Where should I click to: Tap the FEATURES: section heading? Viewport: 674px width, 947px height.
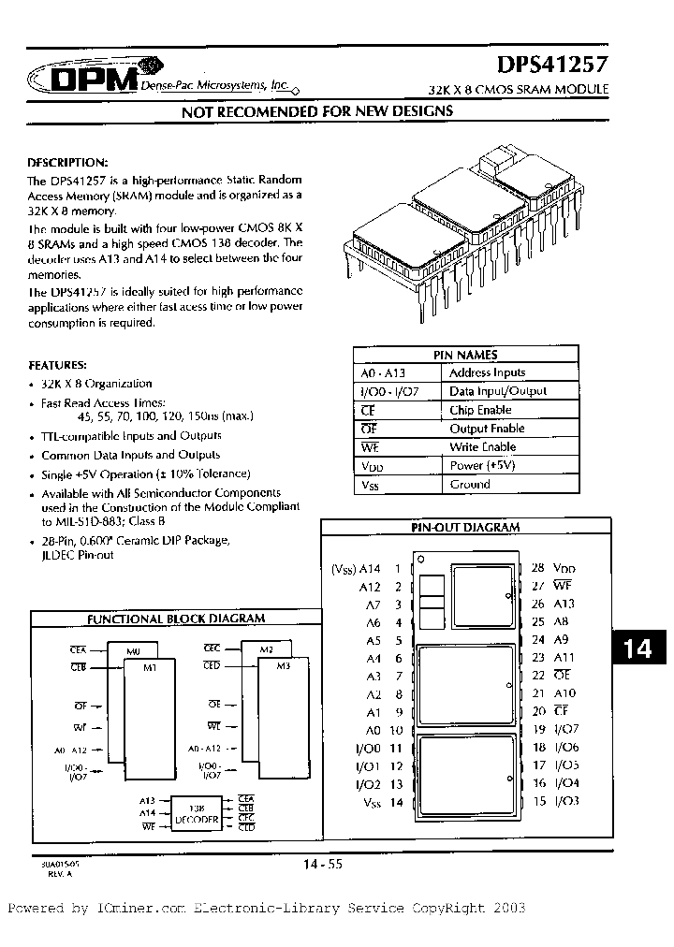pyautogui.click(x=57, y=364)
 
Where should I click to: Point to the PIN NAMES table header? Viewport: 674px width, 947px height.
pyautogui.click(x=465, y=355)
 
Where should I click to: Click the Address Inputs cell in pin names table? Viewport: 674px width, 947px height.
pyautogui.click(x=487, y=372)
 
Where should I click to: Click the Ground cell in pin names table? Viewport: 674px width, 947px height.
pyautogui.click(x=470, y=484)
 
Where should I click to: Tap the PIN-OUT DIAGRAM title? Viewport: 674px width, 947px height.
pyautogui.click(x=465, y=527)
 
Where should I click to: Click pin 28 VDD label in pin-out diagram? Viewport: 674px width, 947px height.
pyautogui.click(x=554, y=568)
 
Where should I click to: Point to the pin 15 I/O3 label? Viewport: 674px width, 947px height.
pyautogui.click(x=557, y=802)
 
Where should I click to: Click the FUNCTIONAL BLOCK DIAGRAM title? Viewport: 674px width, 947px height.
pyautogui.click(x=176, y=619)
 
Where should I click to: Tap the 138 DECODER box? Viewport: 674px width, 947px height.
pyautogui.click(x=196, y=814)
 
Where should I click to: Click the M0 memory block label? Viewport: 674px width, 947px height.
pyautogui.click(x=130, y=648)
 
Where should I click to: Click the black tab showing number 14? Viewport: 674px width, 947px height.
pyautogui.click(x=638, y=648)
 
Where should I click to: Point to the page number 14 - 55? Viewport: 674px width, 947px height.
pyautogui.click(x=322, y=866)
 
